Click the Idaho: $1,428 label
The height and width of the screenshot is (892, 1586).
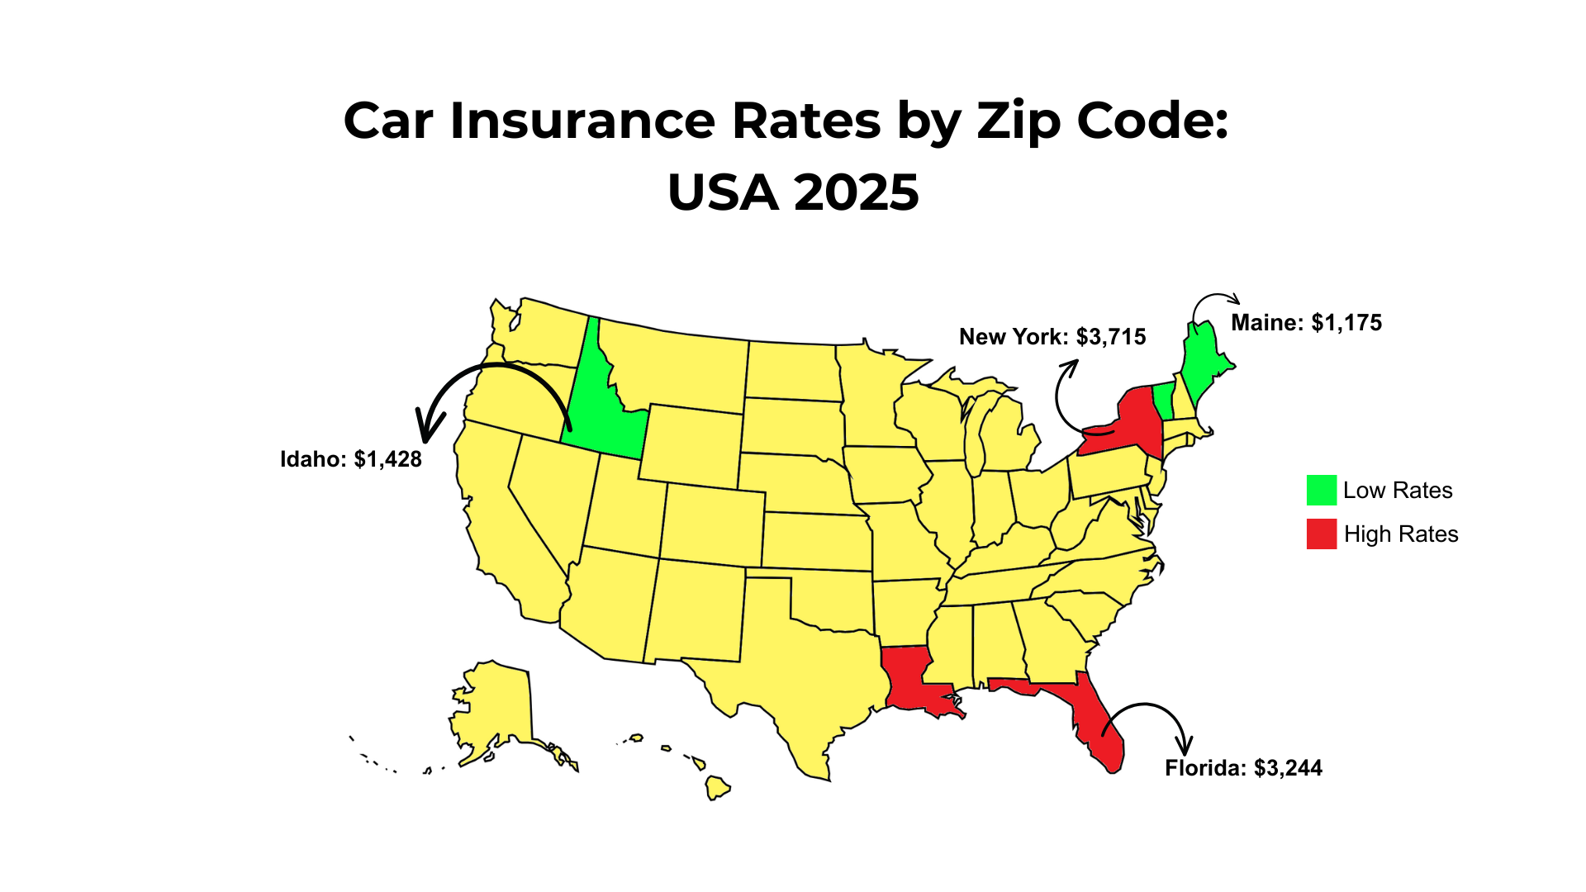(351, 459)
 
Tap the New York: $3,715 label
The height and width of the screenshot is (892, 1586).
(1052, 337)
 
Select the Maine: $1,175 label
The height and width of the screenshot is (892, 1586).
(1306, 323)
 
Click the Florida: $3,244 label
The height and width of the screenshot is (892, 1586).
(1243, 768)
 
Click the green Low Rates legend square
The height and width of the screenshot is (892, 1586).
(1321, 490)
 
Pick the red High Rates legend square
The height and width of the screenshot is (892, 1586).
(1321, 534)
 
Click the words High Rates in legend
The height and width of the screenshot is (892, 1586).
(1401, 534)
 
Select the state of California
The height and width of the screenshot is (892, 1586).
(504, 529)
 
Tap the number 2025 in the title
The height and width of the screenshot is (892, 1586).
(856, 192)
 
